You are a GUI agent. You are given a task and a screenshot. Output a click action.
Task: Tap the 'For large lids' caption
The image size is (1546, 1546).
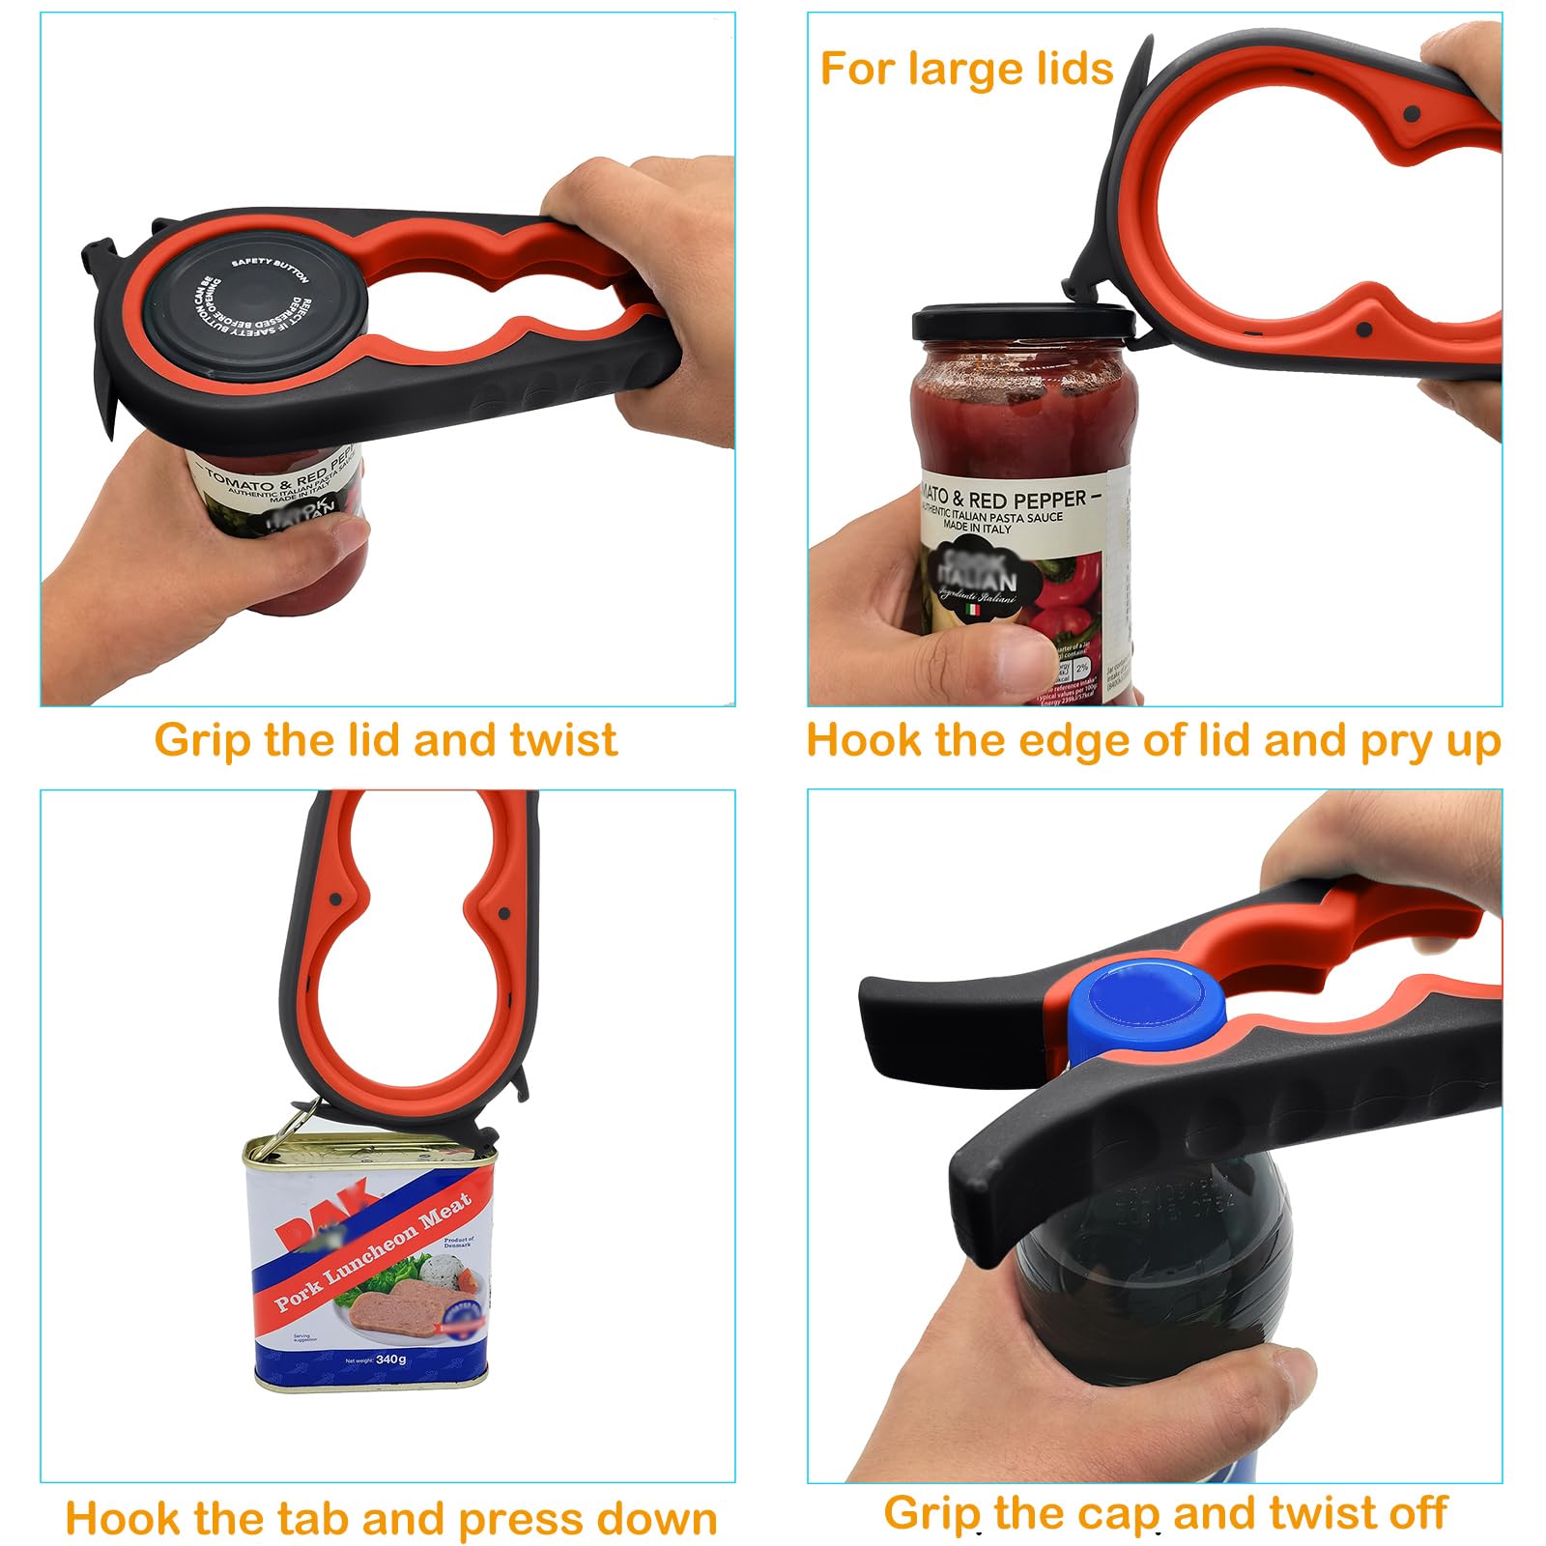(x=966, y=70)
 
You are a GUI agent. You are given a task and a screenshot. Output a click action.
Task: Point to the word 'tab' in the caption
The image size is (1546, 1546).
(x=311, y=1518)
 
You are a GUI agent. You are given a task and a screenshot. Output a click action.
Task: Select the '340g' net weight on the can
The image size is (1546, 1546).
(x=390, y=1360)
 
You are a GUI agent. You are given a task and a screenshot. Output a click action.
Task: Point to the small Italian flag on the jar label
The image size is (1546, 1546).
(x=973, y=610)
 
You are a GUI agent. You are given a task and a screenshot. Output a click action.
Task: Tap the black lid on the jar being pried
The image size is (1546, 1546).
(x=1022, y=322)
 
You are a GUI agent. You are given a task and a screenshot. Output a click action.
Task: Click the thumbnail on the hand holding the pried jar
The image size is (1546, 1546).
(x=1025, y=656)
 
